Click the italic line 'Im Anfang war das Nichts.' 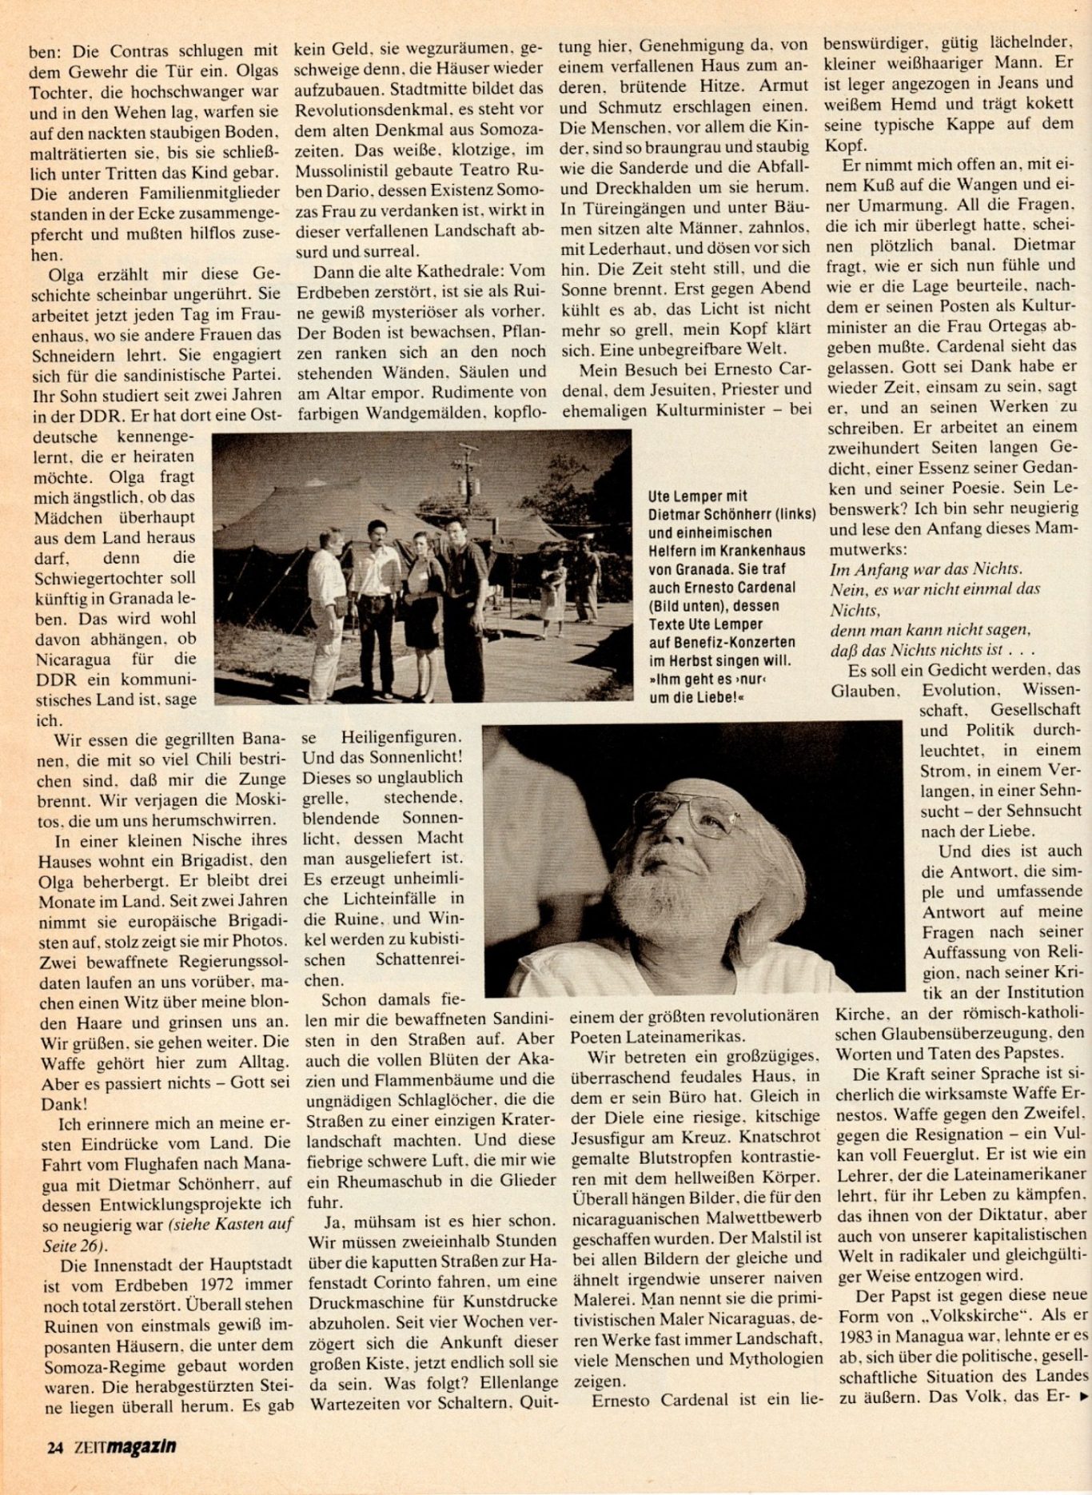pyautogui.click(x=926, y=569)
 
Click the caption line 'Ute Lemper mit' pyautogui.click(x=698, y=496)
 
